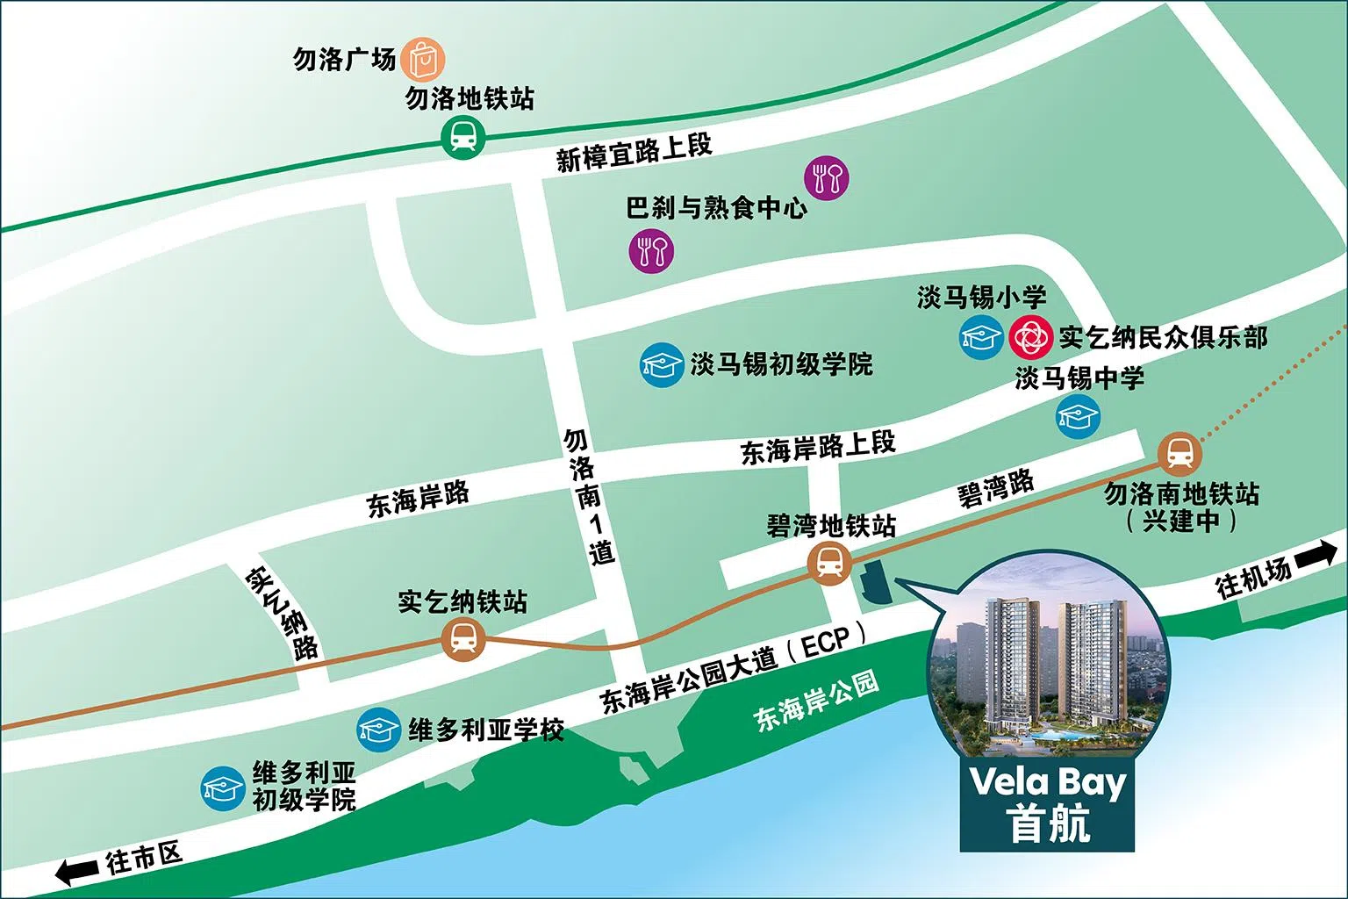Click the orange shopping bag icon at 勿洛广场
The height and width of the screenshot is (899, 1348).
423,59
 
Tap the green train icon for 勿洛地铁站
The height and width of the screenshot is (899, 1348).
463,137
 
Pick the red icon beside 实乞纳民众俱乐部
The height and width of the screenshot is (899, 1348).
1029,337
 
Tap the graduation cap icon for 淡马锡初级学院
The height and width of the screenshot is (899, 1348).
662,364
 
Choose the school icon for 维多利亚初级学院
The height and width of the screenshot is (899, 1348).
223,788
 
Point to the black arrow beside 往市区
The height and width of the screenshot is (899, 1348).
77,872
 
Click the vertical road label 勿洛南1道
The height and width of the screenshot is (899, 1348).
588,496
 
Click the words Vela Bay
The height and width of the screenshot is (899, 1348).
1047,781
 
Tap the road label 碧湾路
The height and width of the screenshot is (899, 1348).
996,488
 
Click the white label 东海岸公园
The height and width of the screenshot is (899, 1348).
816,702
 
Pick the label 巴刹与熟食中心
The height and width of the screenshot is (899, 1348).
716,208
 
